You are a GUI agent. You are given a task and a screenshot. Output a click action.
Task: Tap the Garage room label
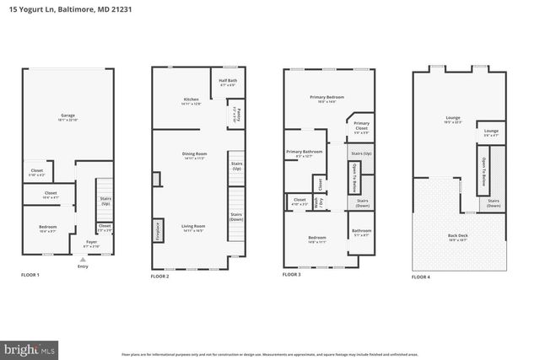(68, 116)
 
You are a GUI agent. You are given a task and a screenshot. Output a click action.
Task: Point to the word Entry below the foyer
(82, 266)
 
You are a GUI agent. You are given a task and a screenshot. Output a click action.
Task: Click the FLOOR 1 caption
(30, 276)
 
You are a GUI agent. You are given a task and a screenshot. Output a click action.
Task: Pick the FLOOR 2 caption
(160, 276)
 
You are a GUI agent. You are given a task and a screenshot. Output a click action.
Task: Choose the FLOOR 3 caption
(292, 275)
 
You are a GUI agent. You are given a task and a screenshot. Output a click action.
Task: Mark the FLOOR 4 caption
(421, 276)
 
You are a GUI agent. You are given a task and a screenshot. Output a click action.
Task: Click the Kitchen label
(192, 99)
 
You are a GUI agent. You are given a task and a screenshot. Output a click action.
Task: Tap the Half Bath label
(228, 83)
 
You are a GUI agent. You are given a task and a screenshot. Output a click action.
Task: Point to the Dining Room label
(194, 153)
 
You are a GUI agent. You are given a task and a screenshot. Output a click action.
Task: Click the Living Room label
(194, 225)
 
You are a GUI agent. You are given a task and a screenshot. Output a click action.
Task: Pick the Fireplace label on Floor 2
(158, 230)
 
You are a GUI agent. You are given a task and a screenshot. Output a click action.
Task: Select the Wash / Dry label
(315, 202)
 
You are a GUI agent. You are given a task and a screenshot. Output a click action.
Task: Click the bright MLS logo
(29, 347)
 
